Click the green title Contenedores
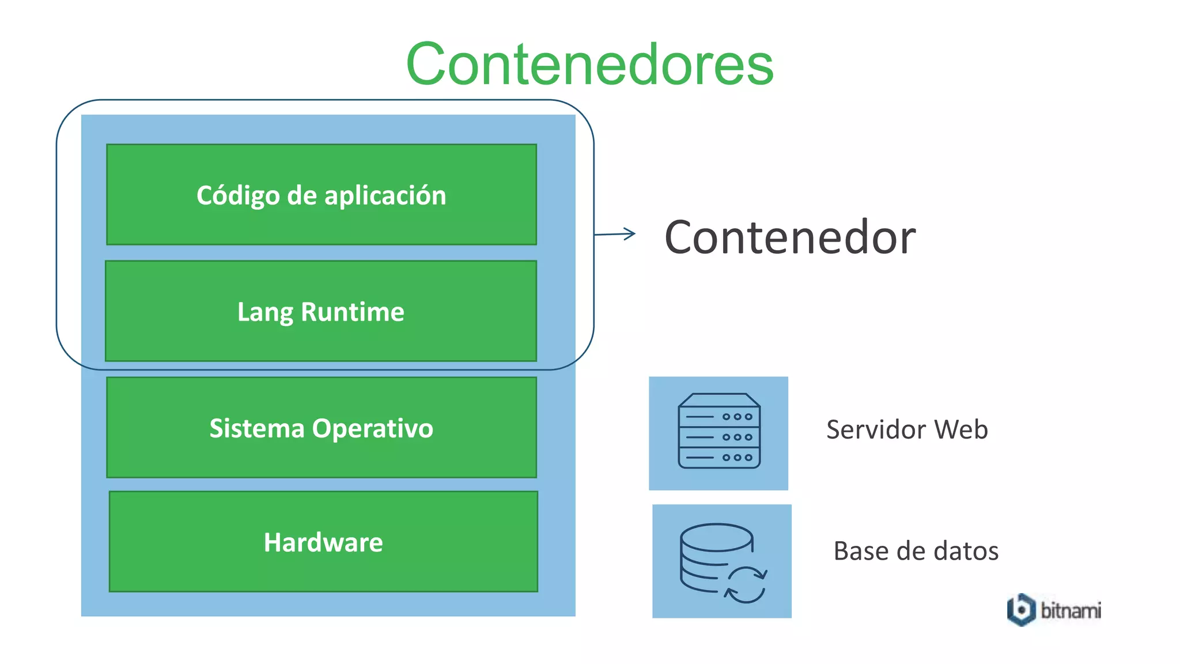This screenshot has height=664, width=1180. tap(589, 64)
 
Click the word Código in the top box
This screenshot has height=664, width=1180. tap(238, 196)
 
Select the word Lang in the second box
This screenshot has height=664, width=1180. tap(265, 312)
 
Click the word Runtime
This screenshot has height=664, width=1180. tap(352, 312)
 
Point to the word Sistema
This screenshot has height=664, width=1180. tap(256, 428)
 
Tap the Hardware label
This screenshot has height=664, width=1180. tap(323, 542)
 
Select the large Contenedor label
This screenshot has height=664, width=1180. tap(790, 237)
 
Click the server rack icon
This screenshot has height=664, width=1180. tap(718, 431)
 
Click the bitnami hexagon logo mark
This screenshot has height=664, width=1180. tap(1021, 609)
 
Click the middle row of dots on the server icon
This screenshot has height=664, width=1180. tap(737, 437)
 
